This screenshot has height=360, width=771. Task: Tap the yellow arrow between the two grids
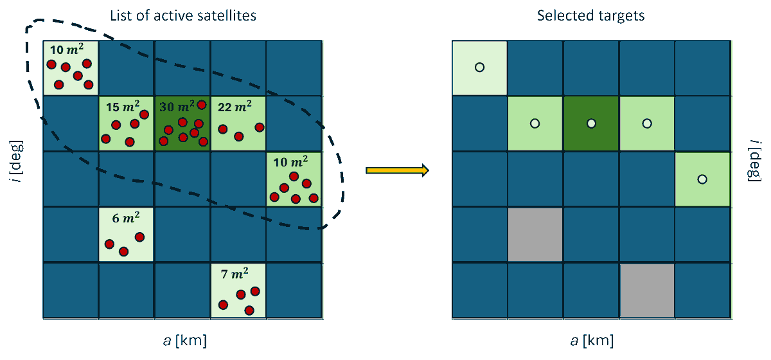396,170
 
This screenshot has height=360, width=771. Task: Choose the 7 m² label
234,274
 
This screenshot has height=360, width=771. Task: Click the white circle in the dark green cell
591,123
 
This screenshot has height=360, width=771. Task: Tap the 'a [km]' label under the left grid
183,339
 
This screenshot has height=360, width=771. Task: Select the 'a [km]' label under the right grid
590,339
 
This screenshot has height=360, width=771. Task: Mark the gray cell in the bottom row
647,290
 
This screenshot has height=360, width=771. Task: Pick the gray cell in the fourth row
535,235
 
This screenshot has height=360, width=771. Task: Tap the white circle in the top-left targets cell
479,67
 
